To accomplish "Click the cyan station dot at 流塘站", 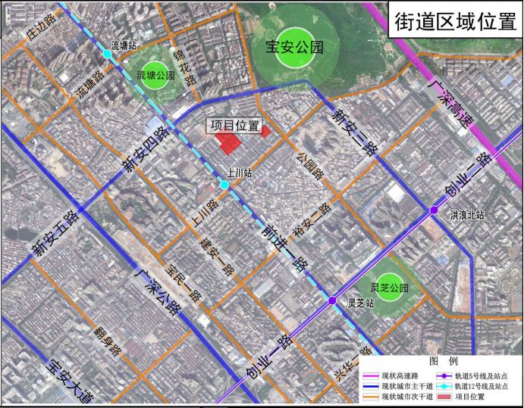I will [x=107, y=55].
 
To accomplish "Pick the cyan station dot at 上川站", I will [x=224, y=185].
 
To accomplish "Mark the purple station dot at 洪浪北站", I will [x=433, y=210].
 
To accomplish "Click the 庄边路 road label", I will [x=39, y=31].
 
